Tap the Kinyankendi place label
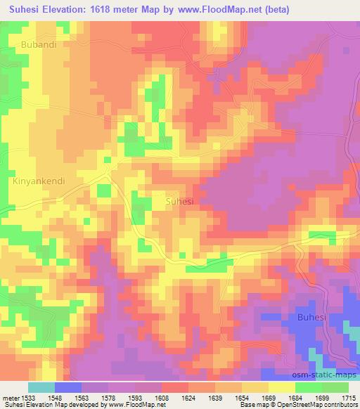[x=39, y=181]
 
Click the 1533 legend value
[x=28, y=398]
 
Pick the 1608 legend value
[x=160, y=398]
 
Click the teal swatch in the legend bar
[x=41, y=387]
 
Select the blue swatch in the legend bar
[x=67, y=387]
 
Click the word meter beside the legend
[x=10, y=398]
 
